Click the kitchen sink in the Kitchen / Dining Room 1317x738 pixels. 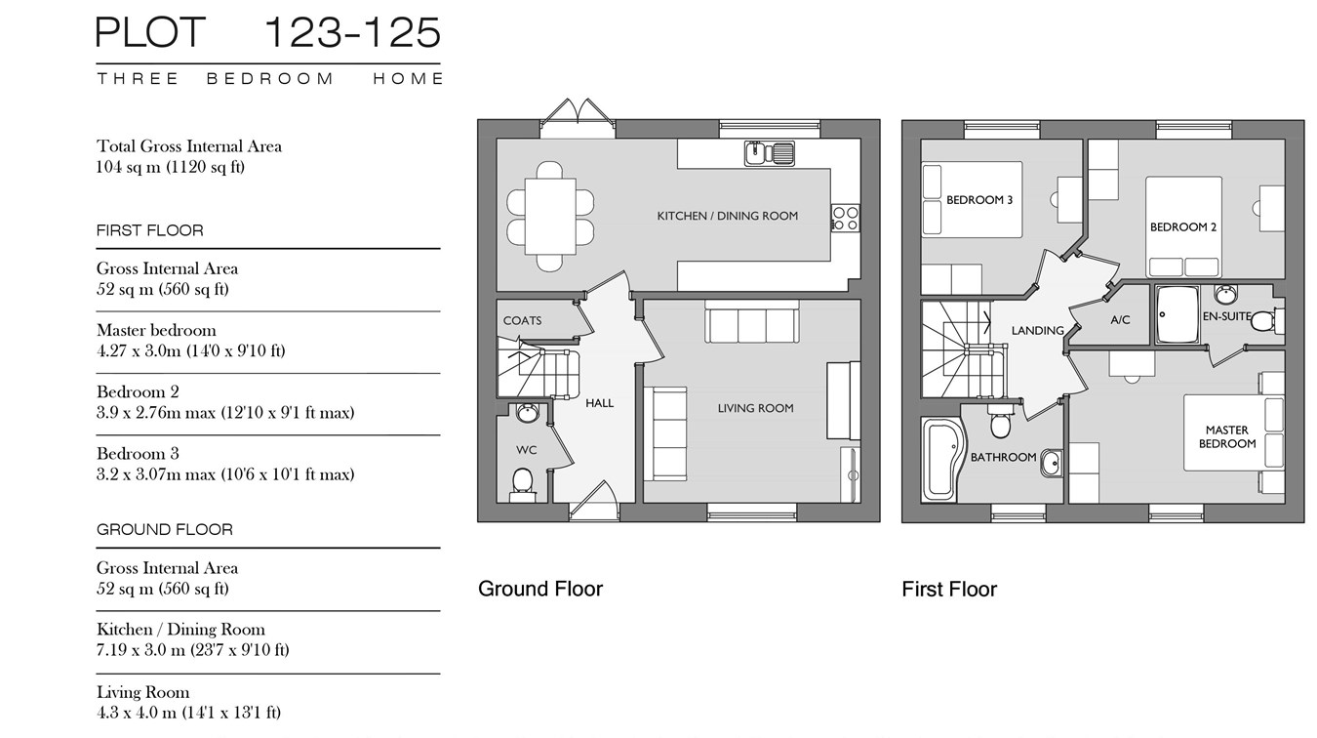[770, 153]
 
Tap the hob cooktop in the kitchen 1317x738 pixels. [846, 218]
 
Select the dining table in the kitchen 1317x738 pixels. [550, 216]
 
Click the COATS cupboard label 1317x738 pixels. [522, 321]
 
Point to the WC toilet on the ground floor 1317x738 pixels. [522, 484]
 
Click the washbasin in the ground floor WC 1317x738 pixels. [528, 413]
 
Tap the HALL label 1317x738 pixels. [599, 403]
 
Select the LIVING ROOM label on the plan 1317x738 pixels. [755, 408]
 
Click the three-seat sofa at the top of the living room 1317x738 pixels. [752, 321]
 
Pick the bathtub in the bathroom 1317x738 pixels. [943, 460]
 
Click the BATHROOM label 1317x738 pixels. [1003, 457]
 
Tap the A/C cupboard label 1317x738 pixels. [1120, 320]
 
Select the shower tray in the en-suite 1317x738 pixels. [1177, 314]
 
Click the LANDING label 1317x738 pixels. [1038, 331]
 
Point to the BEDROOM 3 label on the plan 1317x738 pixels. [979, 200]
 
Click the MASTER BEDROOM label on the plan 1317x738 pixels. [1227, 436]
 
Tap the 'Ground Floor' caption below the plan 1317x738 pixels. [540, 589]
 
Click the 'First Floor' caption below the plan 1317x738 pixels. [949, 589]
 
